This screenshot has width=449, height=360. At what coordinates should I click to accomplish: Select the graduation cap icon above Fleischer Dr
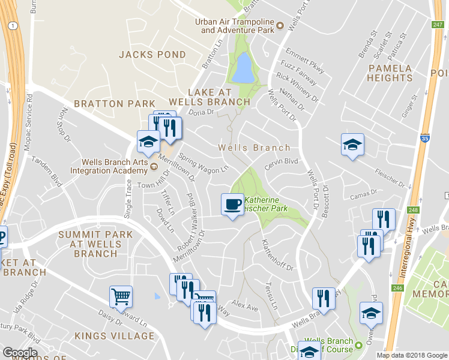coord(352,145)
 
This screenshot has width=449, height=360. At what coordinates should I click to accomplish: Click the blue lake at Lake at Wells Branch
coord(243,67)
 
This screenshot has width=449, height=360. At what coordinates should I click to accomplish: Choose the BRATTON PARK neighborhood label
coord(114,104)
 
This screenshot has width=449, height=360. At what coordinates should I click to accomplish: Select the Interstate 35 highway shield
coord(425,137)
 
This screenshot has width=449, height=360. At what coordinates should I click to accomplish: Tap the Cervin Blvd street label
coord(282,161)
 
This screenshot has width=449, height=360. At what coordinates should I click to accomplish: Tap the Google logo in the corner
coord(20,353)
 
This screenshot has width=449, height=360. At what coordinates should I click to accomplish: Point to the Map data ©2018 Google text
coord(411,355)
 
